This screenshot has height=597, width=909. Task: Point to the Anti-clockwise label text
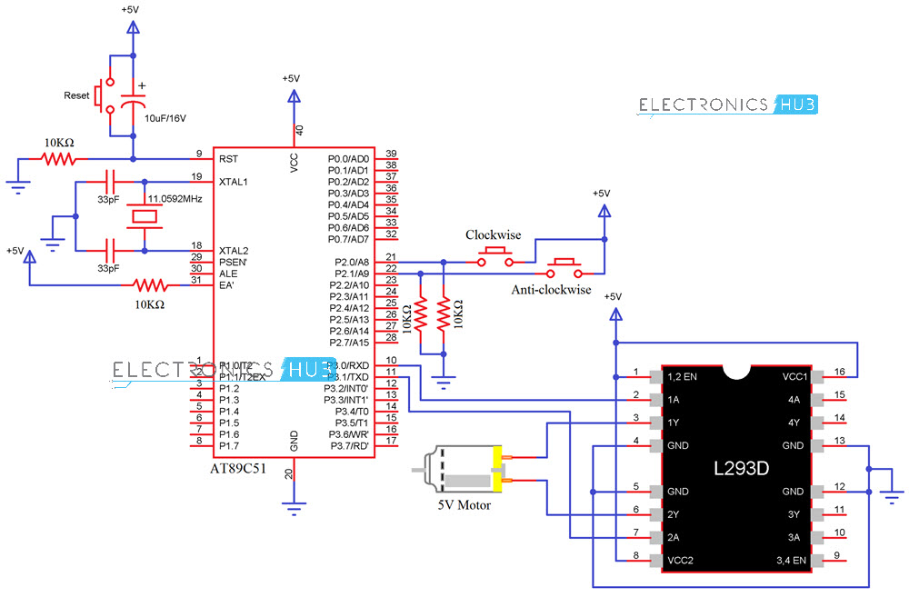[x=551, y=290]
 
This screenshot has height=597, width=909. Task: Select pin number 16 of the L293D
[x=841, y=372]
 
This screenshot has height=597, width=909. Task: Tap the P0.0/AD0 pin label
[x=348, y=158]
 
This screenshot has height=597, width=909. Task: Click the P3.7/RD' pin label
[x=348, y=445]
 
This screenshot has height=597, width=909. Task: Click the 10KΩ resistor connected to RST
[x=59, y=159]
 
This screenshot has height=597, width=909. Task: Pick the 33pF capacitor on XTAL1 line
[x=113, y=181]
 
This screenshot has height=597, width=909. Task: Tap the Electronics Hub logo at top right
[x=728, y=105]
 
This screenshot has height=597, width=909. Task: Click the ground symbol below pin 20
[x=294, y=509]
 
